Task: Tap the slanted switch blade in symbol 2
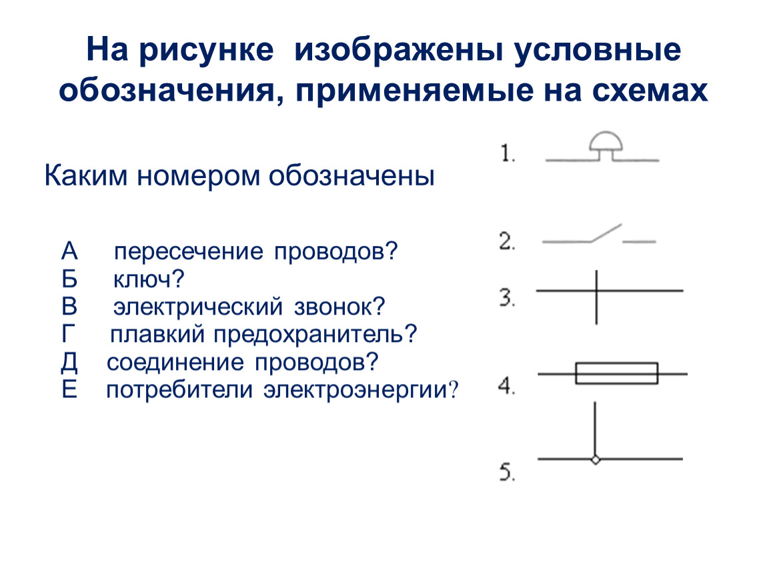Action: coord(606,233)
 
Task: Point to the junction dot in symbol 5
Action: coord(596,459)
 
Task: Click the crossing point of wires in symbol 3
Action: coord(596,291)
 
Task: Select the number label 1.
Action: coord(508,154)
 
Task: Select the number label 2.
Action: coord(508,241)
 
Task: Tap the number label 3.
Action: coord(508,298)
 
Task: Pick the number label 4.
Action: coord(507,386)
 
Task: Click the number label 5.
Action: coord(508,473)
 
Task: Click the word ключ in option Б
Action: coord(143,279)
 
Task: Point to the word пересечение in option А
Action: coord(188,252)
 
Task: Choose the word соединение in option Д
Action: coord(175,363)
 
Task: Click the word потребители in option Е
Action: coord(179,391)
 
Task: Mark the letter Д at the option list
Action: coord(69,363)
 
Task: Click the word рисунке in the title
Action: coord(206,50)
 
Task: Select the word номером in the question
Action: coord(199,177)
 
